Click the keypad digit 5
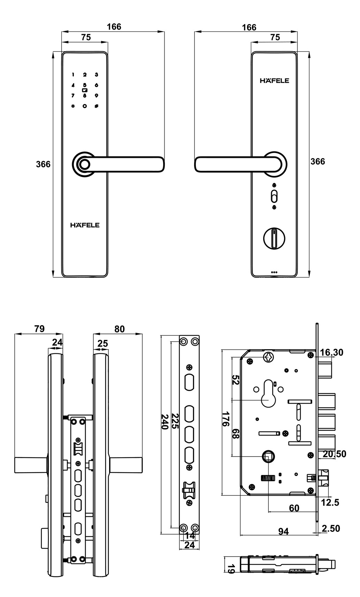pyautogui.click(x=84, y=85)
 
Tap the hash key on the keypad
pyautogui.click(x=97, y=106)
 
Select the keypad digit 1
pyautogui.click(x=73, y=75)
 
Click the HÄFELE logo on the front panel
pyautogui.click(x=85, y=225)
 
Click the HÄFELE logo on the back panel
pyautogui.click(x=274, y=81)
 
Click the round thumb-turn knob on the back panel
pyautogui.click(x=274, y=238)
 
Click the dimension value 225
pyautogui.click(x=175, y=421)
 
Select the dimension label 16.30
pyautogui.click(x=331, y=352)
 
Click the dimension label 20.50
pyautogui.click(x=334, y=454)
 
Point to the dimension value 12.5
pyautogui.click(x=330, y=503)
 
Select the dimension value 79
pyautogui.click(x=39, y=329)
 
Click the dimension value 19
pyautogui.click(x=230, y=569)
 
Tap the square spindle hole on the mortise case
pyautogui.click(x=268, y=456)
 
